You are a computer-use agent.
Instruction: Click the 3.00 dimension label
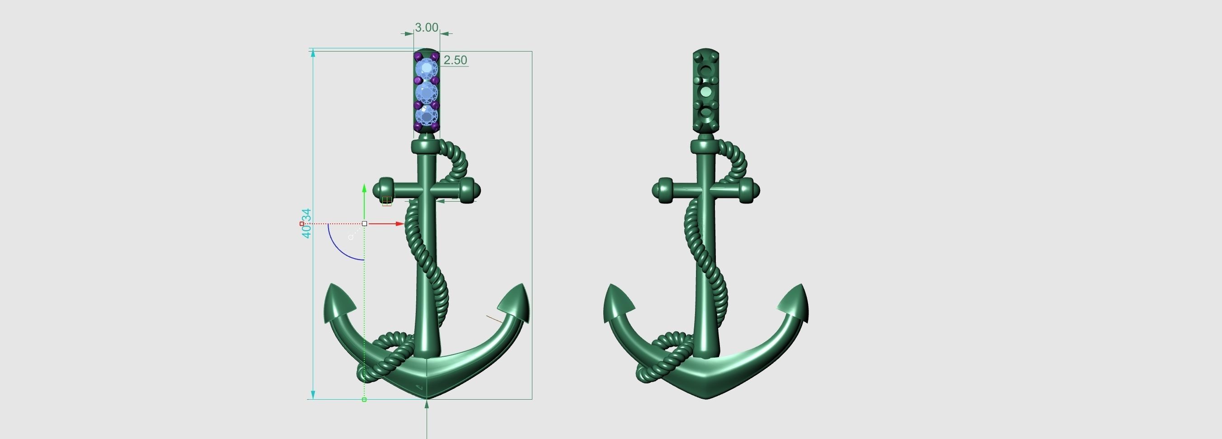427,28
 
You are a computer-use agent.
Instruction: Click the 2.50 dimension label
455,60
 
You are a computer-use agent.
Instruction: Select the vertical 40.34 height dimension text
307,223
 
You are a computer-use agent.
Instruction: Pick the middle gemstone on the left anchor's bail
427,92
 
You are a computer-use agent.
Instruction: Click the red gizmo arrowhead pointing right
399,223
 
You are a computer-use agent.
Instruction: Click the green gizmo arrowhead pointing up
364,188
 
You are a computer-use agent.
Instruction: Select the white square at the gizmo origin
364,223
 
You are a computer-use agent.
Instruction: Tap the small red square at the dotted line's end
302,223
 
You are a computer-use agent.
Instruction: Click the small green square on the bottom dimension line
364,400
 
